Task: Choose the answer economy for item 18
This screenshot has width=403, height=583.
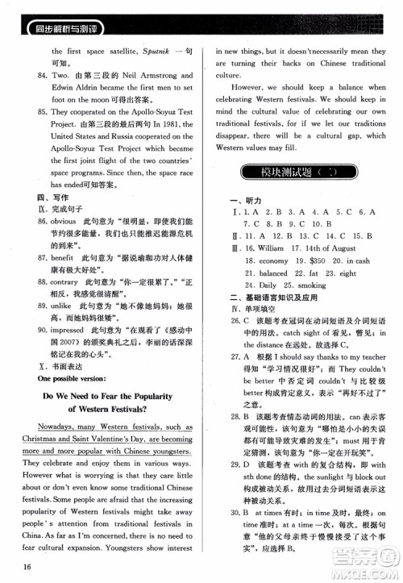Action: [x=273, y=284]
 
